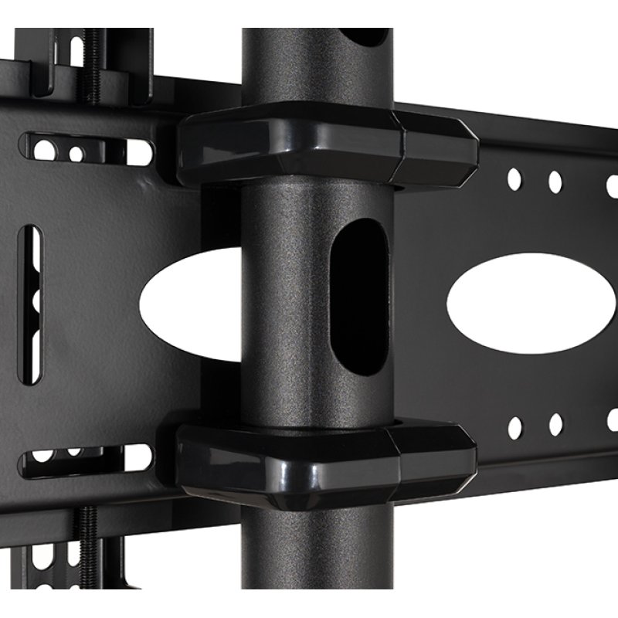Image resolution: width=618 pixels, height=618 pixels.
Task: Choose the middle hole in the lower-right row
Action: (x=555, y=423)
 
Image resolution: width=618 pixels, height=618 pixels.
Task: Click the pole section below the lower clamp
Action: (x=317, y=564)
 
